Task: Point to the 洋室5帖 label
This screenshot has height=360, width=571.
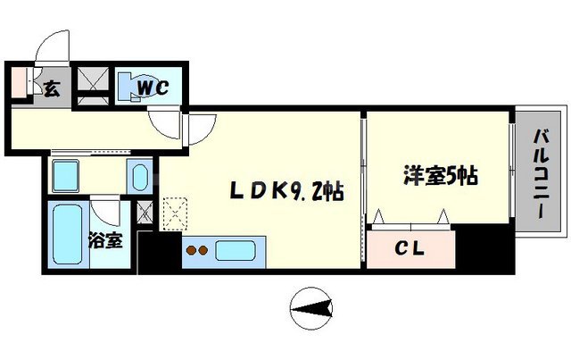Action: tap(437, 175)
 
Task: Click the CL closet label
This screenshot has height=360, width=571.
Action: tap(411, 247)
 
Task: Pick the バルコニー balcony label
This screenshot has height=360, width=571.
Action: tap(541, 177)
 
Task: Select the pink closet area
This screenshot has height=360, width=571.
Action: tap(411, 247)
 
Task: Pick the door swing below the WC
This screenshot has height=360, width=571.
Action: tap(167, 125)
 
